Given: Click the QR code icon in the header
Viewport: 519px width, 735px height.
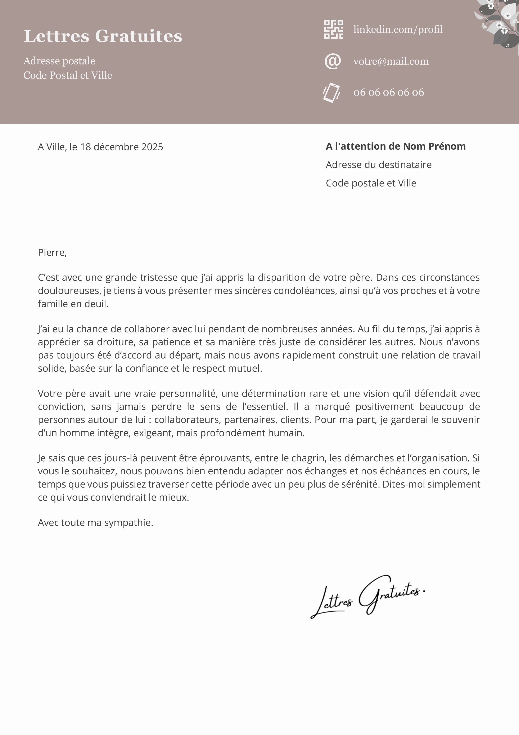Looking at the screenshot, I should click(x=334, y=30).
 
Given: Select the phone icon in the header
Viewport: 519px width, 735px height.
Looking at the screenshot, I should click(x=332, y=93).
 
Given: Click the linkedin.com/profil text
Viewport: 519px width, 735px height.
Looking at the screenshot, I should click(x=398, y=30).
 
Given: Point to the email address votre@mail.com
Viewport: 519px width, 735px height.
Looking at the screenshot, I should click(x=391, y=61).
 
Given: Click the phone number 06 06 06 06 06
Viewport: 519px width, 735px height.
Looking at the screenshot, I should click(x=389, y=93).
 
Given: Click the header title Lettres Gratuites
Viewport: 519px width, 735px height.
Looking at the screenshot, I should click(x=103, y=36).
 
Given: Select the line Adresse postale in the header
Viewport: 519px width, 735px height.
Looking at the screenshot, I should click(x=59, y=61).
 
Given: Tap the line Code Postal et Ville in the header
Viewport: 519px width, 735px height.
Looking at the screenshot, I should click(x=68, y=75).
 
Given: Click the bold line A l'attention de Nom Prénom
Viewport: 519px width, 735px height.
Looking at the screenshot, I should click(x=396, y=146).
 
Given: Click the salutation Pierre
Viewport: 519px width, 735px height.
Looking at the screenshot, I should click(x=52, y=252).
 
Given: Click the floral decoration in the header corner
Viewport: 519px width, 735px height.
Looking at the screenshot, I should click(x=499, y=22).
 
